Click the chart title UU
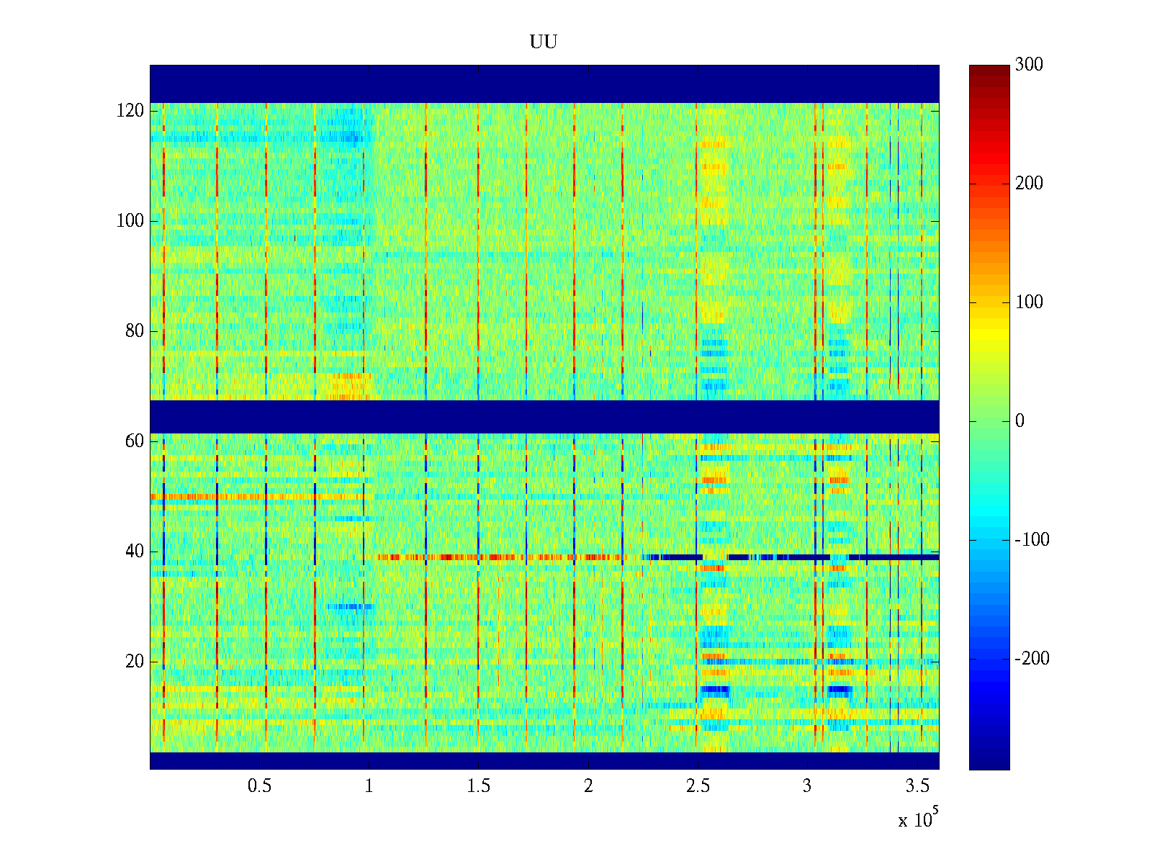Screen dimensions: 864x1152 (544, 42)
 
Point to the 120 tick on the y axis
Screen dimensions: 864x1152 (130, 111)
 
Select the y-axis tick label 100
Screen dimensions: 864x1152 (130, 221)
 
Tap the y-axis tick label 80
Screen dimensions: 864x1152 (134, 331)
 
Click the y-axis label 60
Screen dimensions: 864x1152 (134, 441)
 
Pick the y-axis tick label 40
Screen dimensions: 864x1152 (134, 552)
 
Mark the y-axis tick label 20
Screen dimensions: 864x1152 (134, 662)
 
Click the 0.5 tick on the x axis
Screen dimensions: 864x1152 (259, 786)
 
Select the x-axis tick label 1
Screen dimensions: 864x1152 (369, 786)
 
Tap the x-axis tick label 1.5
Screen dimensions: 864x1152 (478, 786)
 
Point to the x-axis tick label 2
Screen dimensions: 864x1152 (588, 786)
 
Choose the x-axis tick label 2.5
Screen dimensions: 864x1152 (698, 786)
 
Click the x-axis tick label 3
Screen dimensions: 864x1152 (807, 786)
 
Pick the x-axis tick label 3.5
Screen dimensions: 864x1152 (917, 786)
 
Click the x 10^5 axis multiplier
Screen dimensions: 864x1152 (918, 819)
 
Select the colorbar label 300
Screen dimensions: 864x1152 (1029, 65)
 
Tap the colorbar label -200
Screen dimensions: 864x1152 (1032, 659)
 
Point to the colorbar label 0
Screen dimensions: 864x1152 (1020, 421)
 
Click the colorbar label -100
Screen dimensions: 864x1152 (1032, 540)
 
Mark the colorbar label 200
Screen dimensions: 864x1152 (1029, 184)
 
